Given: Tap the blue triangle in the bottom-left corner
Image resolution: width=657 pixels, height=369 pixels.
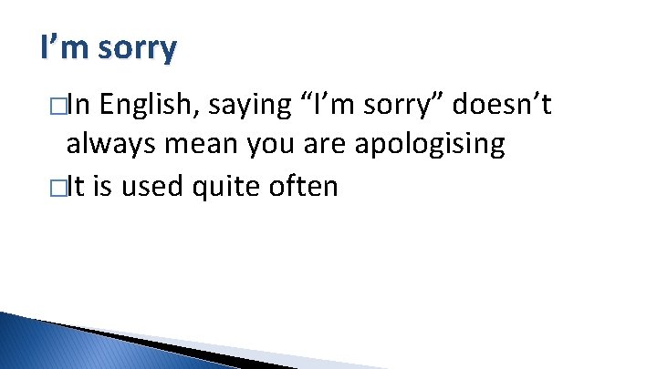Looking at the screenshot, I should [x=55, y=346].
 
